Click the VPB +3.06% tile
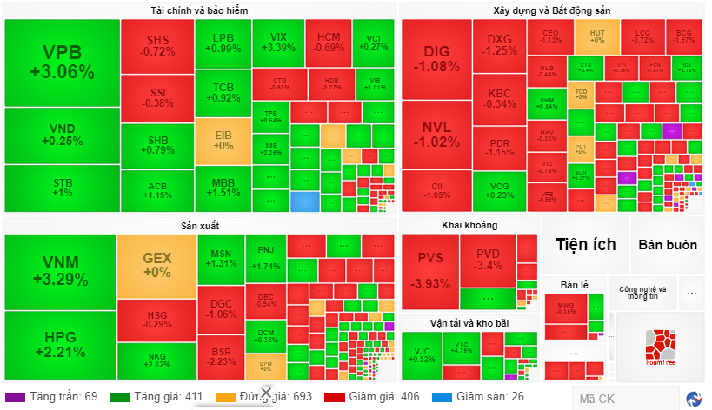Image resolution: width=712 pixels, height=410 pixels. [62, 61]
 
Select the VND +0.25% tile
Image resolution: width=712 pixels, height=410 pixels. [62, 135]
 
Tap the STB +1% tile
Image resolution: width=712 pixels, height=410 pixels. [62, 188]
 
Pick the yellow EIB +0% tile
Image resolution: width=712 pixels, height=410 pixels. [223, 140]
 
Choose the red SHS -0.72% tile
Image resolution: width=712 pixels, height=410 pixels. [157, 45]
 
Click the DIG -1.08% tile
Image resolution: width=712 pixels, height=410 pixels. [436, 58]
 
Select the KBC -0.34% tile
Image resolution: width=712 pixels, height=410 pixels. [500, 98]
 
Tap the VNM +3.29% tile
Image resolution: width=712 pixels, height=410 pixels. [60, 271]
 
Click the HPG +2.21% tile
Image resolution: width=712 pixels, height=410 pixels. [60, 344]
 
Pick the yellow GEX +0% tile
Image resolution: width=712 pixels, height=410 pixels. [157, 265]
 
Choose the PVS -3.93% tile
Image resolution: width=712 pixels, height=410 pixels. [430, 270]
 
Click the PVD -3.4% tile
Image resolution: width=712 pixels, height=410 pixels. [489, 259]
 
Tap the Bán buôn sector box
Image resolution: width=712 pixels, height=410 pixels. [667, 245]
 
